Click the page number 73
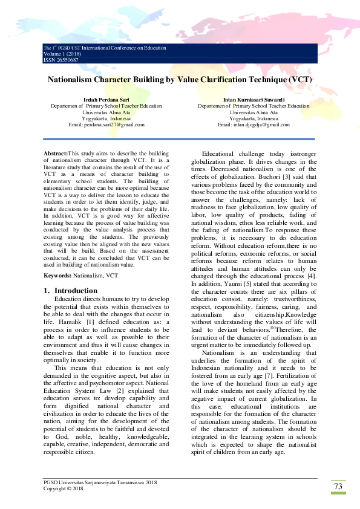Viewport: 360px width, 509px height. (338, 487)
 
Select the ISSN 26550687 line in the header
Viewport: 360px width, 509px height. (61, 59)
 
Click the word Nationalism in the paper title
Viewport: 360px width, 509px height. (76, 79)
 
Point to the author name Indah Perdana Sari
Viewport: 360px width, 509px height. (106, 99)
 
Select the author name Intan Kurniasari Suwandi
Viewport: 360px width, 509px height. (254, 99)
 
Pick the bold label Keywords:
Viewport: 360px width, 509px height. (59, 275)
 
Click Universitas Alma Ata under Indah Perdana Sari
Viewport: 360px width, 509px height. (106, 112)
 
